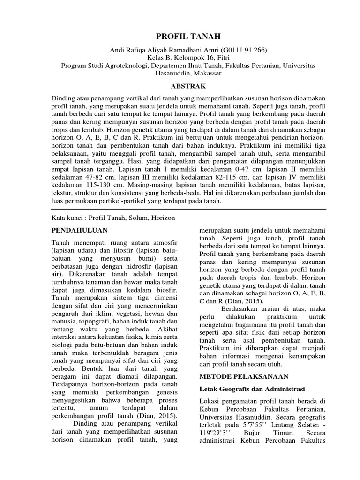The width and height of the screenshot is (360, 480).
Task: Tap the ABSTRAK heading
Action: point(180,87)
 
